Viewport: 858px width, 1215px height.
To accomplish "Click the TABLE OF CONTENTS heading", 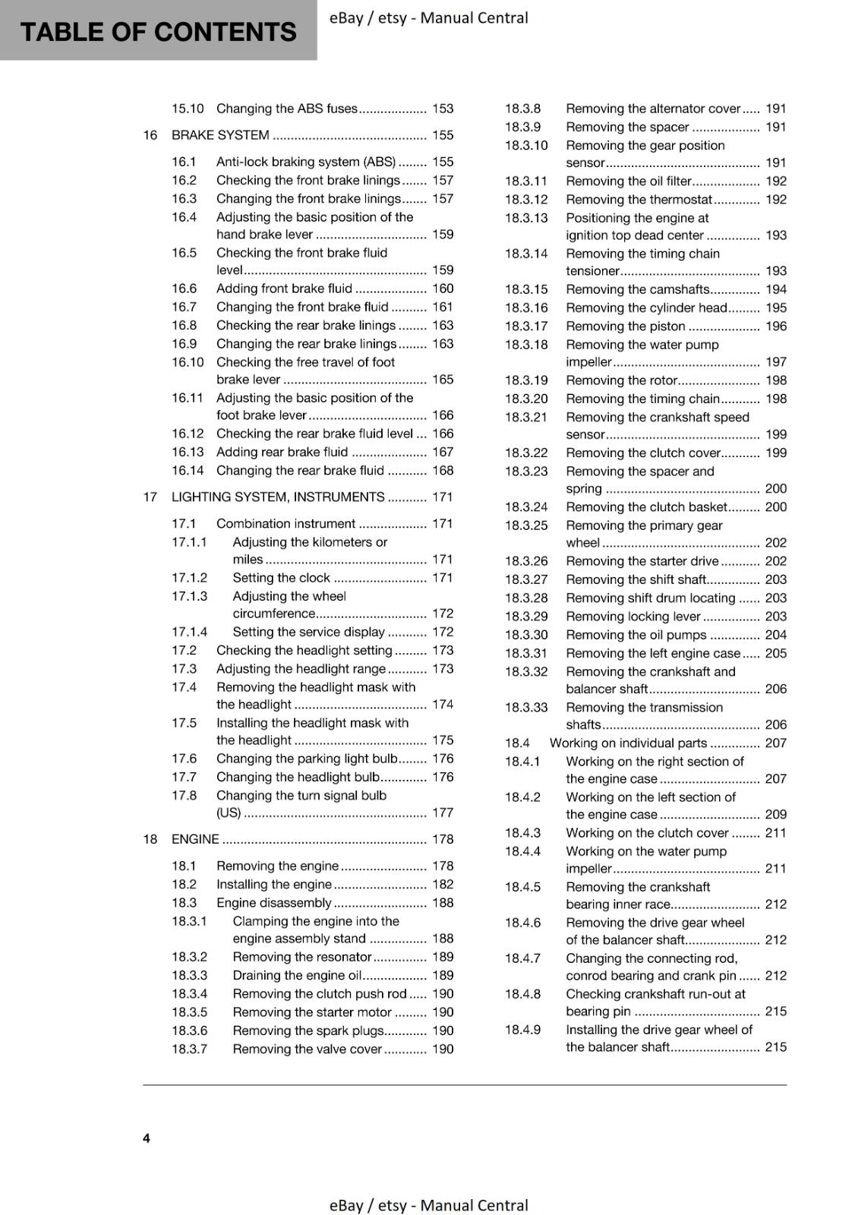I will pos(158,32).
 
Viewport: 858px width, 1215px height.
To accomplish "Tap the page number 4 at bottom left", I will pos(147,1138).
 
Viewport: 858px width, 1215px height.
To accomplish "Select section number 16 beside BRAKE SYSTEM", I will pos(150,135).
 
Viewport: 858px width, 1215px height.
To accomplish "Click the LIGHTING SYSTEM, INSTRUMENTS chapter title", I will pos(278,497).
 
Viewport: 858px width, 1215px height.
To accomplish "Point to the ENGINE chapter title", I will pos(195,839).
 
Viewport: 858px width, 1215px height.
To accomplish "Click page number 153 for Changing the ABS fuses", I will pos(443,109).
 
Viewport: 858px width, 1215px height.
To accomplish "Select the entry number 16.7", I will pos(184,307).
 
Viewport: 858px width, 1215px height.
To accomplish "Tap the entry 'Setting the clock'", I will pos(281,578).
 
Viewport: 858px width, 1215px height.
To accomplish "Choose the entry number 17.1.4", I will pos(189,632).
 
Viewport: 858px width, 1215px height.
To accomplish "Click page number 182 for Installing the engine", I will pos(443,884).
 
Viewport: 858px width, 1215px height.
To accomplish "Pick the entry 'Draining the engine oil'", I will pos(296,975).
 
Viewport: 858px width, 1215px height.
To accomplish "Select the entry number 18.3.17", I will pos(526,326).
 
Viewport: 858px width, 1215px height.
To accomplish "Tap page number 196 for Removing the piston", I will pos(776,326).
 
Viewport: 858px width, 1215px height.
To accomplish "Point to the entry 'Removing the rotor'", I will pos(621,380).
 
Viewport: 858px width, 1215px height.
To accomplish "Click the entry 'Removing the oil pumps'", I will pos(636,635).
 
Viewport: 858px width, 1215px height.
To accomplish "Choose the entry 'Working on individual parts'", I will pos(628,743).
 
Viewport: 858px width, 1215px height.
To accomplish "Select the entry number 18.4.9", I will pos(523,1030).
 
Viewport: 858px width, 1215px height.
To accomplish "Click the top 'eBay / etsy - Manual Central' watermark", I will pos(429,17).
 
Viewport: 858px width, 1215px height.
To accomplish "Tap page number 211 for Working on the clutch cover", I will pos(776,833).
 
